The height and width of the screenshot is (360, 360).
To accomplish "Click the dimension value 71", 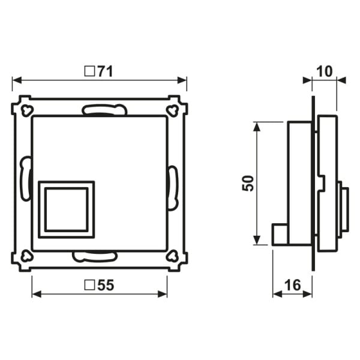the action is [106, 71].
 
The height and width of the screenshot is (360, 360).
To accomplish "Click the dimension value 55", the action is [106, 286].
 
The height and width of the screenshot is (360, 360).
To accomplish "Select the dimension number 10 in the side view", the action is [325, 71].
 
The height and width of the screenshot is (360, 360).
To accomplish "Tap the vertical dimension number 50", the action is [248, 183].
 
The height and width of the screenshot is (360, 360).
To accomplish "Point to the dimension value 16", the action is [293, 285].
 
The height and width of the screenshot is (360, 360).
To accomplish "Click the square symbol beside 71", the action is [89, 71].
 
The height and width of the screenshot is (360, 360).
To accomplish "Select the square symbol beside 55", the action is [89, 285].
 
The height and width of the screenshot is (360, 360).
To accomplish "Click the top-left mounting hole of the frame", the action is [26, 110].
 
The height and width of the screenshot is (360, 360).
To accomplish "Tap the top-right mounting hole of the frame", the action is [172, 110].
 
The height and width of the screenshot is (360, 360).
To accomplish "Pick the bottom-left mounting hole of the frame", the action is [26, 256].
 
